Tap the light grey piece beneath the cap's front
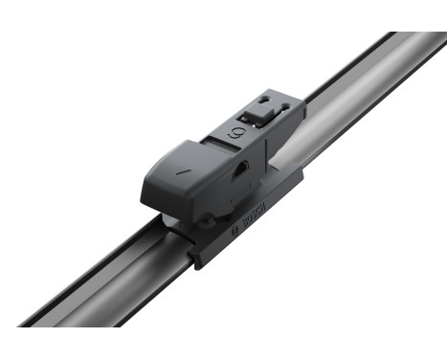pyautogui.click(x=169, y=223)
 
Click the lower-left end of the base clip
pyautogui.click(x=197, y=259)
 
